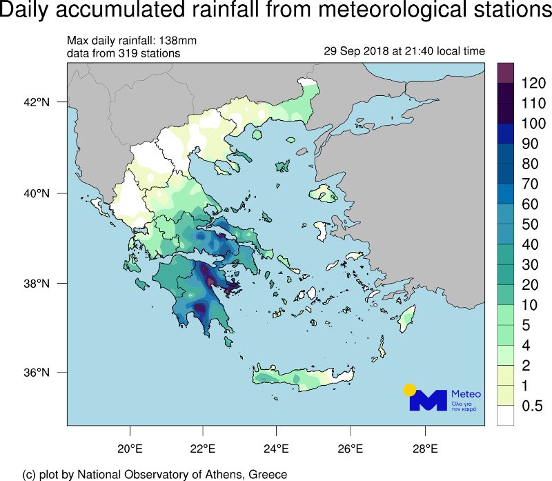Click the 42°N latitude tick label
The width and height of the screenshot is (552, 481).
(x=38, y=103)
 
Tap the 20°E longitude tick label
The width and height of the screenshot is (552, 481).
(x=130, y=449)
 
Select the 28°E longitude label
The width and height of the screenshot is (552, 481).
(x=425, y=449)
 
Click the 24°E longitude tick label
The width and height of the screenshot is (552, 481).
(x=277, y=449)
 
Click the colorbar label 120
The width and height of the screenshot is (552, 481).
(x=533, y=84)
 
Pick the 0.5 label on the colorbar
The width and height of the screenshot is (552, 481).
(x=531, y=406)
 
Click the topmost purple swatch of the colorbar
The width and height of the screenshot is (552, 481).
(x=506, y=73)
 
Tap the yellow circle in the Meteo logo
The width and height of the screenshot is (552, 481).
(x=410, y=390)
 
